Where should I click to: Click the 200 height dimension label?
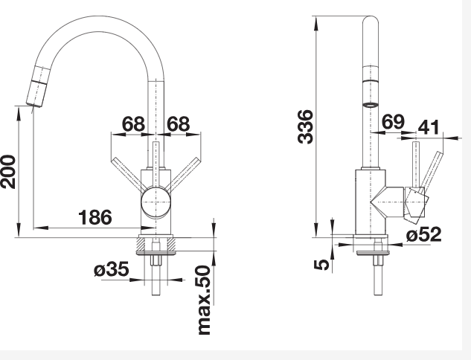pos(8,172)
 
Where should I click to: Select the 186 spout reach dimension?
pos(95,217)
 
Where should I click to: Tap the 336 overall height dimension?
pos(305,126)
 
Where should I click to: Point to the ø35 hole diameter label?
pos(111,269)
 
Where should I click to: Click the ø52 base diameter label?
pos(424,234)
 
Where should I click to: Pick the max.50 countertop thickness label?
pos(205,300)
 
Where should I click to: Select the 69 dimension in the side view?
pos(393,121)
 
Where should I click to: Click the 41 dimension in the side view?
pos(429,127)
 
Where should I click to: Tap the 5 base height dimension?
pos(321,265)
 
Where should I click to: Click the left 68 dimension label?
pos(133,123)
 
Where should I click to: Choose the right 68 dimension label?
pos(179,123)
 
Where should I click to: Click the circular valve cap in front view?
pos(156,202)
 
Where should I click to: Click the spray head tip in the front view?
pos(34,104)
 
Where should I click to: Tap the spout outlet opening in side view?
pos(371,105)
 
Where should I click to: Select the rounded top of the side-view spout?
pos(371,20)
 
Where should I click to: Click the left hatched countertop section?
pos(141,244)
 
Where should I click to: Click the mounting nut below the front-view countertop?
pos(156,260)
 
